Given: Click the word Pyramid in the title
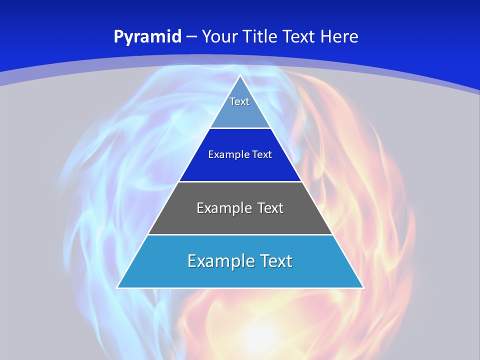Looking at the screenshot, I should (147, 37).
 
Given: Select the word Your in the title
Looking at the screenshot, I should (219, 36).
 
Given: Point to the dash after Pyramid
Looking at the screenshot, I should (191, 37).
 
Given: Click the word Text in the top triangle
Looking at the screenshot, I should (239, 101).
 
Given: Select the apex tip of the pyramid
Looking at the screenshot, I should (240, 76).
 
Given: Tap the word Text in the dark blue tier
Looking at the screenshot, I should (262, 154).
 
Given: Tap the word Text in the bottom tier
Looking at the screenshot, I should (275, 261).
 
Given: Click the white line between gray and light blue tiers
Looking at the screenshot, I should (240, 234).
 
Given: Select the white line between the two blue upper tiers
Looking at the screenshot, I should (240, 128).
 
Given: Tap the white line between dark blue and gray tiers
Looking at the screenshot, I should (240, 181).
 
